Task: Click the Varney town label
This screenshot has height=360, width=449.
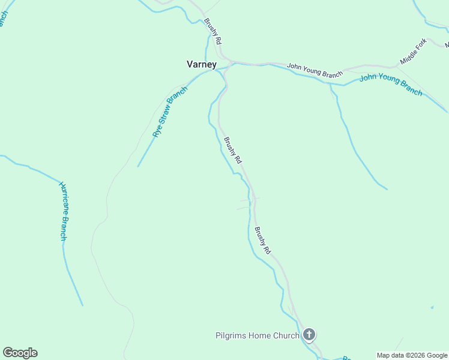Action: coord(202,64)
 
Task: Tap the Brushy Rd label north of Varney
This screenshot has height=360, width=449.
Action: coord(213,32)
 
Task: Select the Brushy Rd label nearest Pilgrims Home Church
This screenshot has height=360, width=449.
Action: coord(262,239)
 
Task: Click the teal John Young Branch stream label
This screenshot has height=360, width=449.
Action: coord(391,85)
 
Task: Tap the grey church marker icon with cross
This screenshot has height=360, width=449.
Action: coord(309,334)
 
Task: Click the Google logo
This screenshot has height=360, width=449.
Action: coord(20,353)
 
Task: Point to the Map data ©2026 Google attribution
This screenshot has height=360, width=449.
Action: coord(412,355)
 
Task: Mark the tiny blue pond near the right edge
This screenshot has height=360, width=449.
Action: coord(432,308)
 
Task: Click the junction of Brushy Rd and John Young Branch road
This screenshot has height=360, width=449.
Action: coord(231,62)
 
